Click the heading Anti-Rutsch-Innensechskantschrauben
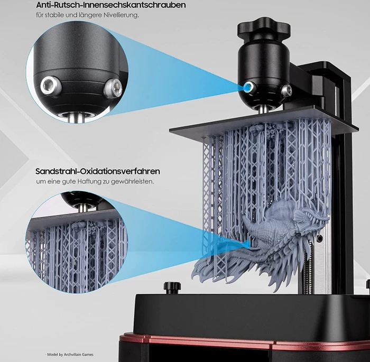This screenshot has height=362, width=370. [x=110, y=5]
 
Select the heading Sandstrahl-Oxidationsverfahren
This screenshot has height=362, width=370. [x=98, y=171]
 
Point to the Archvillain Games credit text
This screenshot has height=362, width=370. [x=70, y=355]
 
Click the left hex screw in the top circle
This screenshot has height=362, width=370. [x=51, y=86]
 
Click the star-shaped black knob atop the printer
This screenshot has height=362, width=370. [x=264, y=26]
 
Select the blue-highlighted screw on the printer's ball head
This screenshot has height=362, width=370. [x=248, y=87]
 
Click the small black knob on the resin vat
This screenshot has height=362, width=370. [x=172, y=288]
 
